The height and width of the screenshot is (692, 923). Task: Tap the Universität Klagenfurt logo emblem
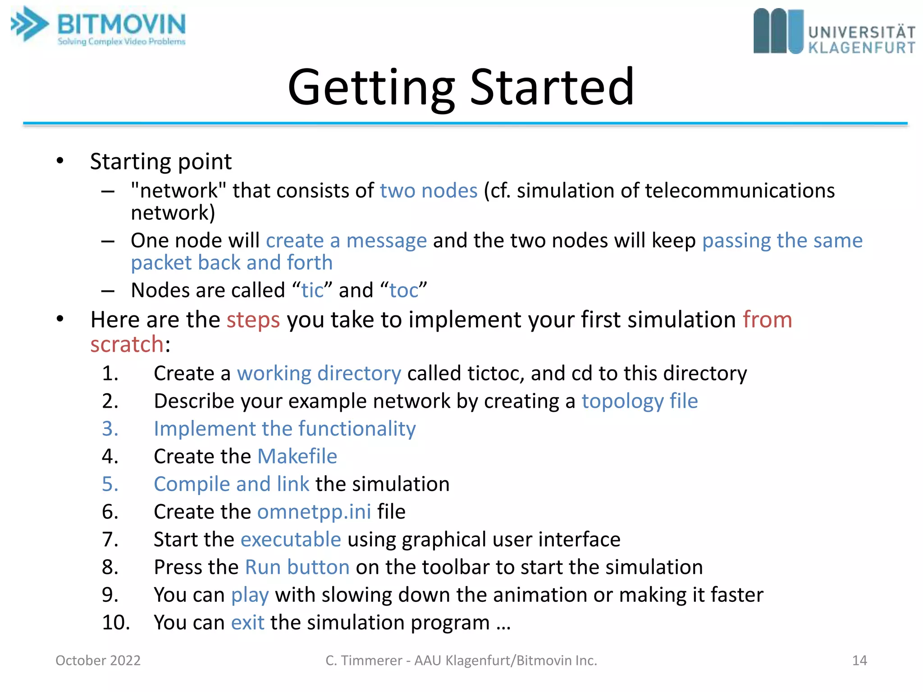coord(778,31)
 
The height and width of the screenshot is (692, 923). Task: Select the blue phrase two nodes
coord(428,191)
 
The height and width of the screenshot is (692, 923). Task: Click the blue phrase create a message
coord(346,241)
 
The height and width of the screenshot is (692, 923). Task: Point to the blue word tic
coord(312,290)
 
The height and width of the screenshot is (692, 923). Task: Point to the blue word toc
coord(403,290)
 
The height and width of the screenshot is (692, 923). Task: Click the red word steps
coord(253,320)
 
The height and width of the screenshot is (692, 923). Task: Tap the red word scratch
coord(127,345)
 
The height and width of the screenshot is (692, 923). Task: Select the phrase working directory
coord(319,373)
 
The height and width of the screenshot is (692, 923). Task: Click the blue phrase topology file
coord(639,401)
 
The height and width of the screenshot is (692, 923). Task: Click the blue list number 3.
coord(110,428)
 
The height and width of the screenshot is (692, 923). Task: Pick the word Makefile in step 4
coord(297,456)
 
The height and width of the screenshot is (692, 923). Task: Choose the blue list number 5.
coord(110,484)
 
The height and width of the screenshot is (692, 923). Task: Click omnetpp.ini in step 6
coord(314,512)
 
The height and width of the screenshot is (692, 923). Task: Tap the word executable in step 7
coord(291,539)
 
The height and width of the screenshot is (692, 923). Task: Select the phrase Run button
coord(297,567)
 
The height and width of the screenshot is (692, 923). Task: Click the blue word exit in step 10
coord(247,623)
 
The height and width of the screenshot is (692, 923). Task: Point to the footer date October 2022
coord(98,660)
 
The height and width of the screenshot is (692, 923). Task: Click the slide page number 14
coord(859,660)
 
